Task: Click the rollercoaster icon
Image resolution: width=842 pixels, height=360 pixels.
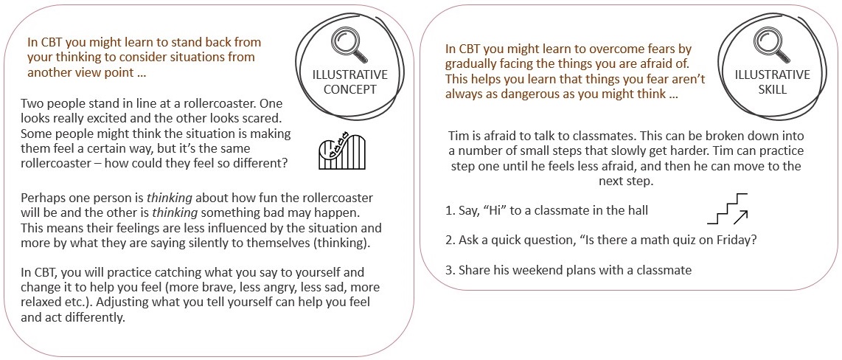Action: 342,151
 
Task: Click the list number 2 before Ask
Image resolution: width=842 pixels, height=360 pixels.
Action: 450,240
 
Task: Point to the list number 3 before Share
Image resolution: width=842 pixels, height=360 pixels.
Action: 450,270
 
